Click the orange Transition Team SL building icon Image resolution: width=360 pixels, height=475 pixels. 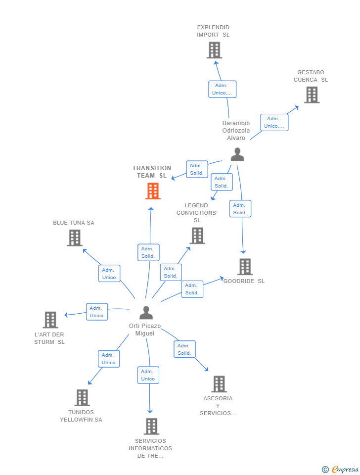(x=153, y=191)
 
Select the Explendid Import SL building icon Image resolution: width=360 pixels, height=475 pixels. (x=214, y=50)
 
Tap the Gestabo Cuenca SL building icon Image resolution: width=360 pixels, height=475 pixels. (x=312, y=95)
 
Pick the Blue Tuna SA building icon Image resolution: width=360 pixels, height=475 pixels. (x=74, y=238)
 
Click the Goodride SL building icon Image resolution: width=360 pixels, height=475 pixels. (x=245, y=267)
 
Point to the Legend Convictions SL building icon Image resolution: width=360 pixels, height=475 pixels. (x=197, y=236)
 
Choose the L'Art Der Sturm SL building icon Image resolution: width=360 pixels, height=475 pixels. (x=50, y=320)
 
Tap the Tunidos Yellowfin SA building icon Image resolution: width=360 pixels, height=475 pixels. (x=82, y=398)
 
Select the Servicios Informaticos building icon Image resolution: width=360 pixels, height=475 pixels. (x=151, y=427)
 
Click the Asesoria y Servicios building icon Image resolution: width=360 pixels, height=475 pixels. (x=219, y=384)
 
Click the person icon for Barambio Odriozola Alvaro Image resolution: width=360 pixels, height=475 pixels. (x=237, y=154)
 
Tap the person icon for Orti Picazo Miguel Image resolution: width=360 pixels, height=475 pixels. (x=146, y=313)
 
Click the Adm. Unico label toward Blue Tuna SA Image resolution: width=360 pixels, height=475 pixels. (x=109, y=274)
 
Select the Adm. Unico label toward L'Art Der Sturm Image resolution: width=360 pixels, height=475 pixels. (x=97, y=312)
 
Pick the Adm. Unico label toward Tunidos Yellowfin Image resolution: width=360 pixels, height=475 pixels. (x=109, y=359)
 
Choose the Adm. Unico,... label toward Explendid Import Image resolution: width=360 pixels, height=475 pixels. (x=222, y=89)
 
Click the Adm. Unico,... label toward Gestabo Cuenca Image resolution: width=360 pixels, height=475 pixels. (x=274, y=122)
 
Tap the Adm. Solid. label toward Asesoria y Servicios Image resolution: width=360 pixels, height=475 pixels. (x=184, y=349)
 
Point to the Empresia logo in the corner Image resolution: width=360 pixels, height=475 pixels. (x=341, y=469)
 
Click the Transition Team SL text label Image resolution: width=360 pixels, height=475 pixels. (x=152, y=172)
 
